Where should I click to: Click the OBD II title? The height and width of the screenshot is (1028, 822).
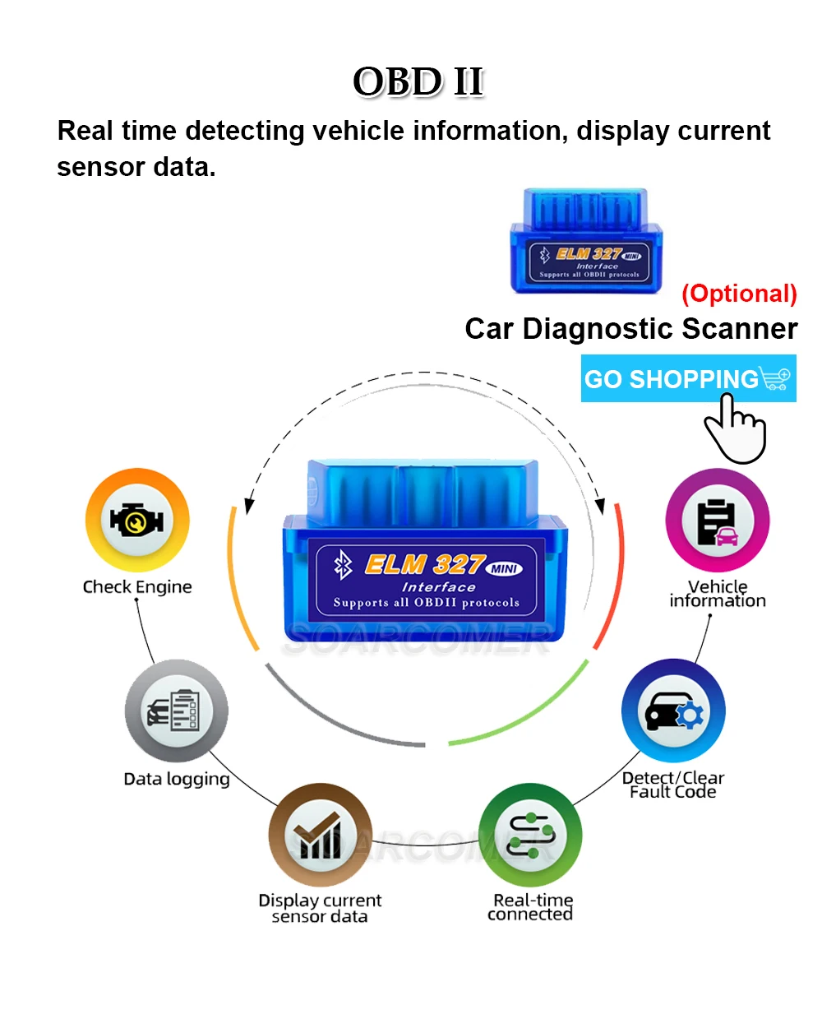[418, 82]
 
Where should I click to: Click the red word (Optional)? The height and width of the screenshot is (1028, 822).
[739, 294]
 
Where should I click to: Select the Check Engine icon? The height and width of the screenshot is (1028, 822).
[137, 521]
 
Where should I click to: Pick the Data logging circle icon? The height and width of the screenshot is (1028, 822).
[176, 711]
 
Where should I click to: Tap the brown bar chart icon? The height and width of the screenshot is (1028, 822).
[320, 835]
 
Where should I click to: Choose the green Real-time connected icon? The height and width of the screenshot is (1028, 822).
[530, 835]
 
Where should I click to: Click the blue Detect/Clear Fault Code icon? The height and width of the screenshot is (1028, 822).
[673, 711]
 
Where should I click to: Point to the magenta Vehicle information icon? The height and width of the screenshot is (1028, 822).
[717, 521]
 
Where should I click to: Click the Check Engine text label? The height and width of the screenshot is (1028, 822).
[137, 587]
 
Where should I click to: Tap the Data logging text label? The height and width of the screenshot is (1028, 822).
[177, 779]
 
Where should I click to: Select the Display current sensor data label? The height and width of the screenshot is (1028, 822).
[320, 909]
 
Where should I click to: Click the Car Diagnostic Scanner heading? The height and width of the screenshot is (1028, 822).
[630, 329]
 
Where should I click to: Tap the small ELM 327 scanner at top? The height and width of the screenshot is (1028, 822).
[586, 241]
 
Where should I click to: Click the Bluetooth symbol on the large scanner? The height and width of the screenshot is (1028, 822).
[343, 565]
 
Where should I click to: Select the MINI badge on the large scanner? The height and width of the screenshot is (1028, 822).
[504, 568]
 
